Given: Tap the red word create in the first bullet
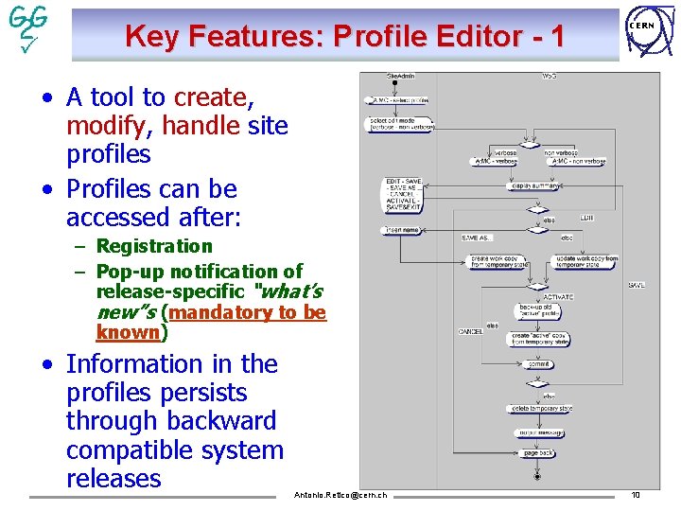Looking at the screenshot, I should click(x=210, y=97).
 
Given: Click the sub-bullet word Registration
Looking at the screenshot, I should click(x=154, y=246).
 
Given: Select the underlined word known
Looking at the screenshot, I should click(x=128, y=332).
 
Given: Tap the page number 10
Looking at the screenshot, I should click(x=636, y=494).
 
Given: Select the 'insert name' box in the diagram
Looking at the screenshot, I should click(x=401, y=230).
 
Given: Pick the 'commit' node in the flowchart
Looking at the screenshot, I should click(x=537, y=363).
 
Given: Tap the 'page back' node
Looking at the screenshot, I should click(x=537, y=453).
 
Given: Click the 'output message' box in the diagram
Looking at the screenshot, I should click(x=537, y=432).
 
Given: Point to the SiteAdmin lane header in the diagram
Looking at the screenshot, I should click(x=401, y=75).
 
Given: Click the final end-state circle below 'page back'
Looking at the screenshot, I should click(x=537, y=476).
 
